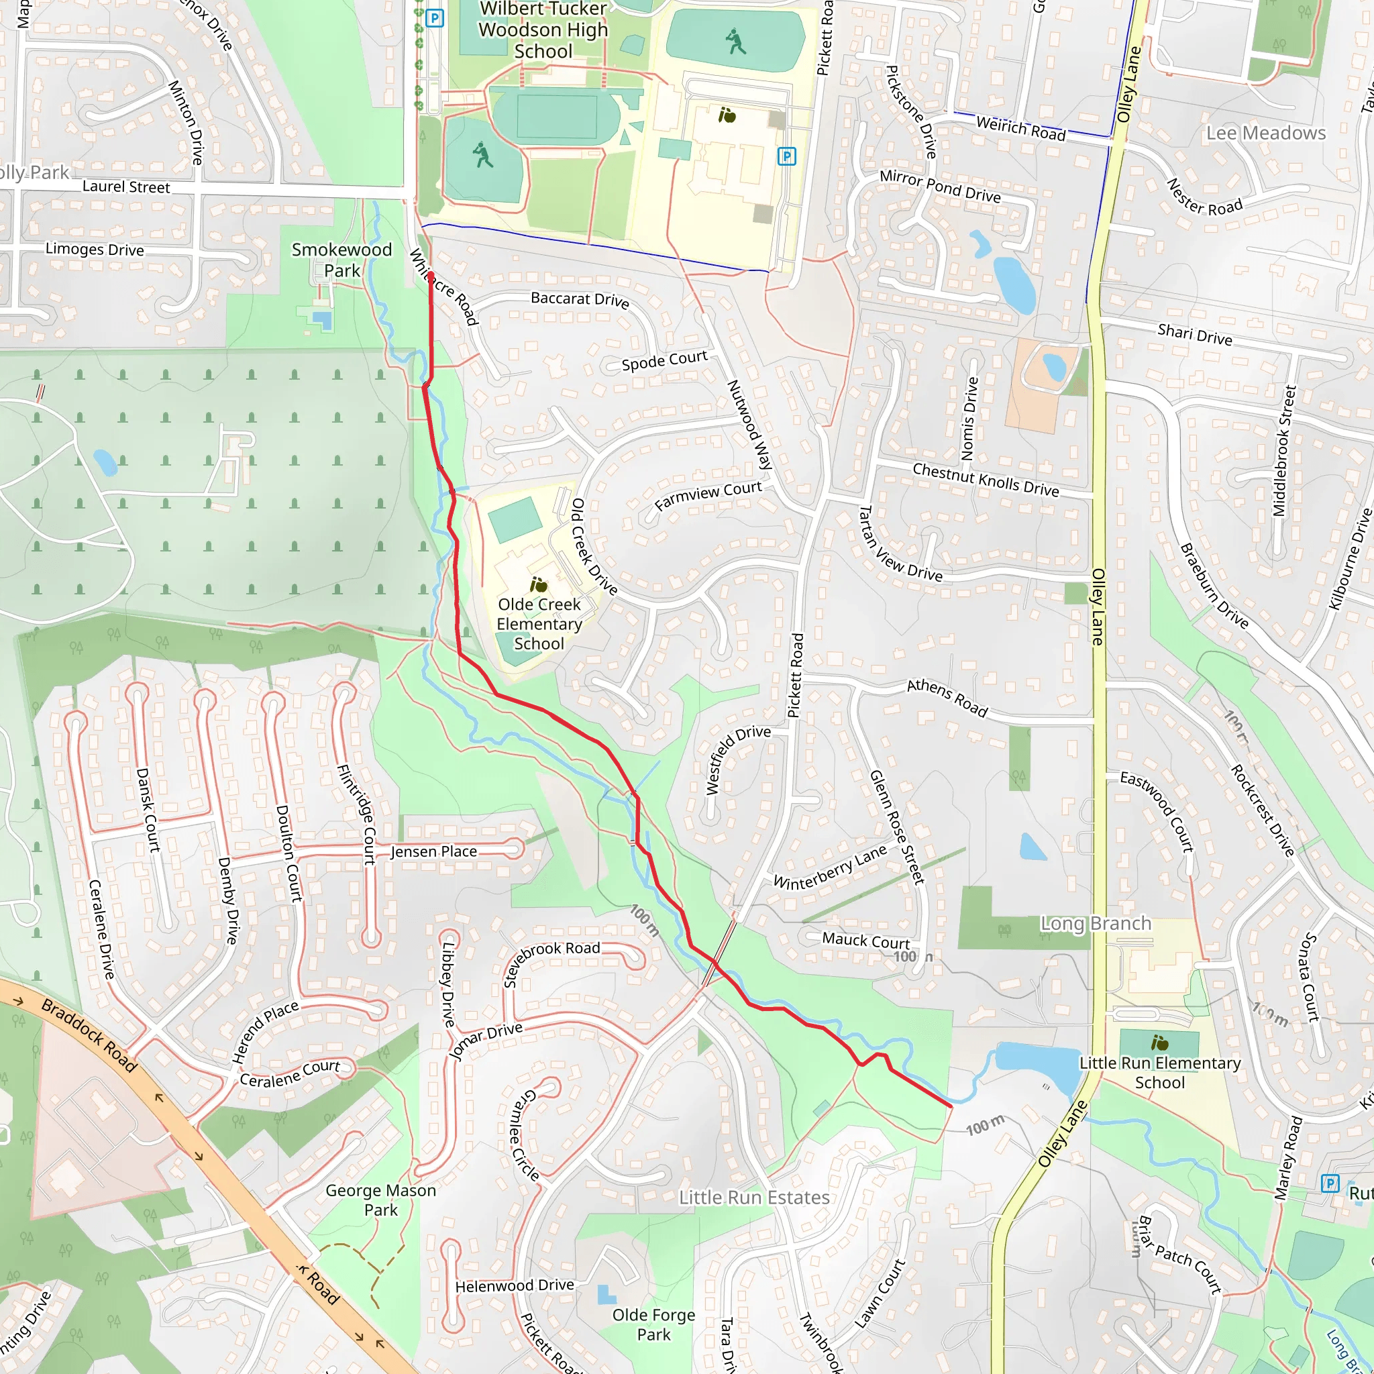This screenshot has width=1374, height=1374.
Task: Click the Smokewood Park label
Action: coord(341,260)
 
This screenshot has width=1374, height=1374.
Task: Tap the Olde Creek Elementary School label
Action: coord(539,624)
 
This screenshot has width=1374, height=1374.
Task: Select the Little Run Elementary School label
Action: coord(1159,1073)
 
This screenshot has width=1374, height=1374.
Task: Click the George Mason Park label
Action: coord(380,1200)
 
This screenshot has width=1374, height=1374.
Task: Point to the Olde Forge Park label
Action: coord(653,1324)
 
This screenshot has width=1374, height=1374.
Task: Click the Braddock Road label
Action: coord(89,1035)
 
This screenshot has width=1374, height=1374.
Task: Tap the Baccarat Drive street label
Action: coord(580,299)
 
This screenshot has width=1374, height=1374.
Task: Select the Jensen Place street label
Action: coord(434,851)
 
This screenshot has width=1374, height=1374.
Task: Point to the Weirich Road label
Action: coord(1020,129)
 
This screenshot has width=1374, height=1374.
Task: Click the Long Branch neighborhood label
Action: coord(1095,923)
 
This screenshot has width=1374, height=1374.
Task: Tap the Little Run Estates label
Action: coord(754,1198)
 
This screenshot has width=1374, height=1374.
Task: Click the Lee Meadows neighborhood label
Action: coord(1266,133)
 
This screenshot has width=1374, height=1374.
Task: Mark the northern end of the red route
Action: coord(430,274)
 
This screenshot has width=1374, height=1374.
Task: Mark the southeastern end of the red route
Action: coord(951,1106)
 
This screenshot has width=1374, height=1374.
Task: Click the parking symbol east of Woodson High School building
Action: coord(786,156)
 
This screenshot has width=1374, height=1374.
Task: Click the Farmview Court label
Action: coord(708,495)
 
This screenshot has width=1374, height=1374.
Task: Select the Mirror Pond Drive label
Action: coord(939,186)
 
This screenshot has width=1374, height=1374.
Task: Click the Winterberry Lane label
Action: coord(830,867)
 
